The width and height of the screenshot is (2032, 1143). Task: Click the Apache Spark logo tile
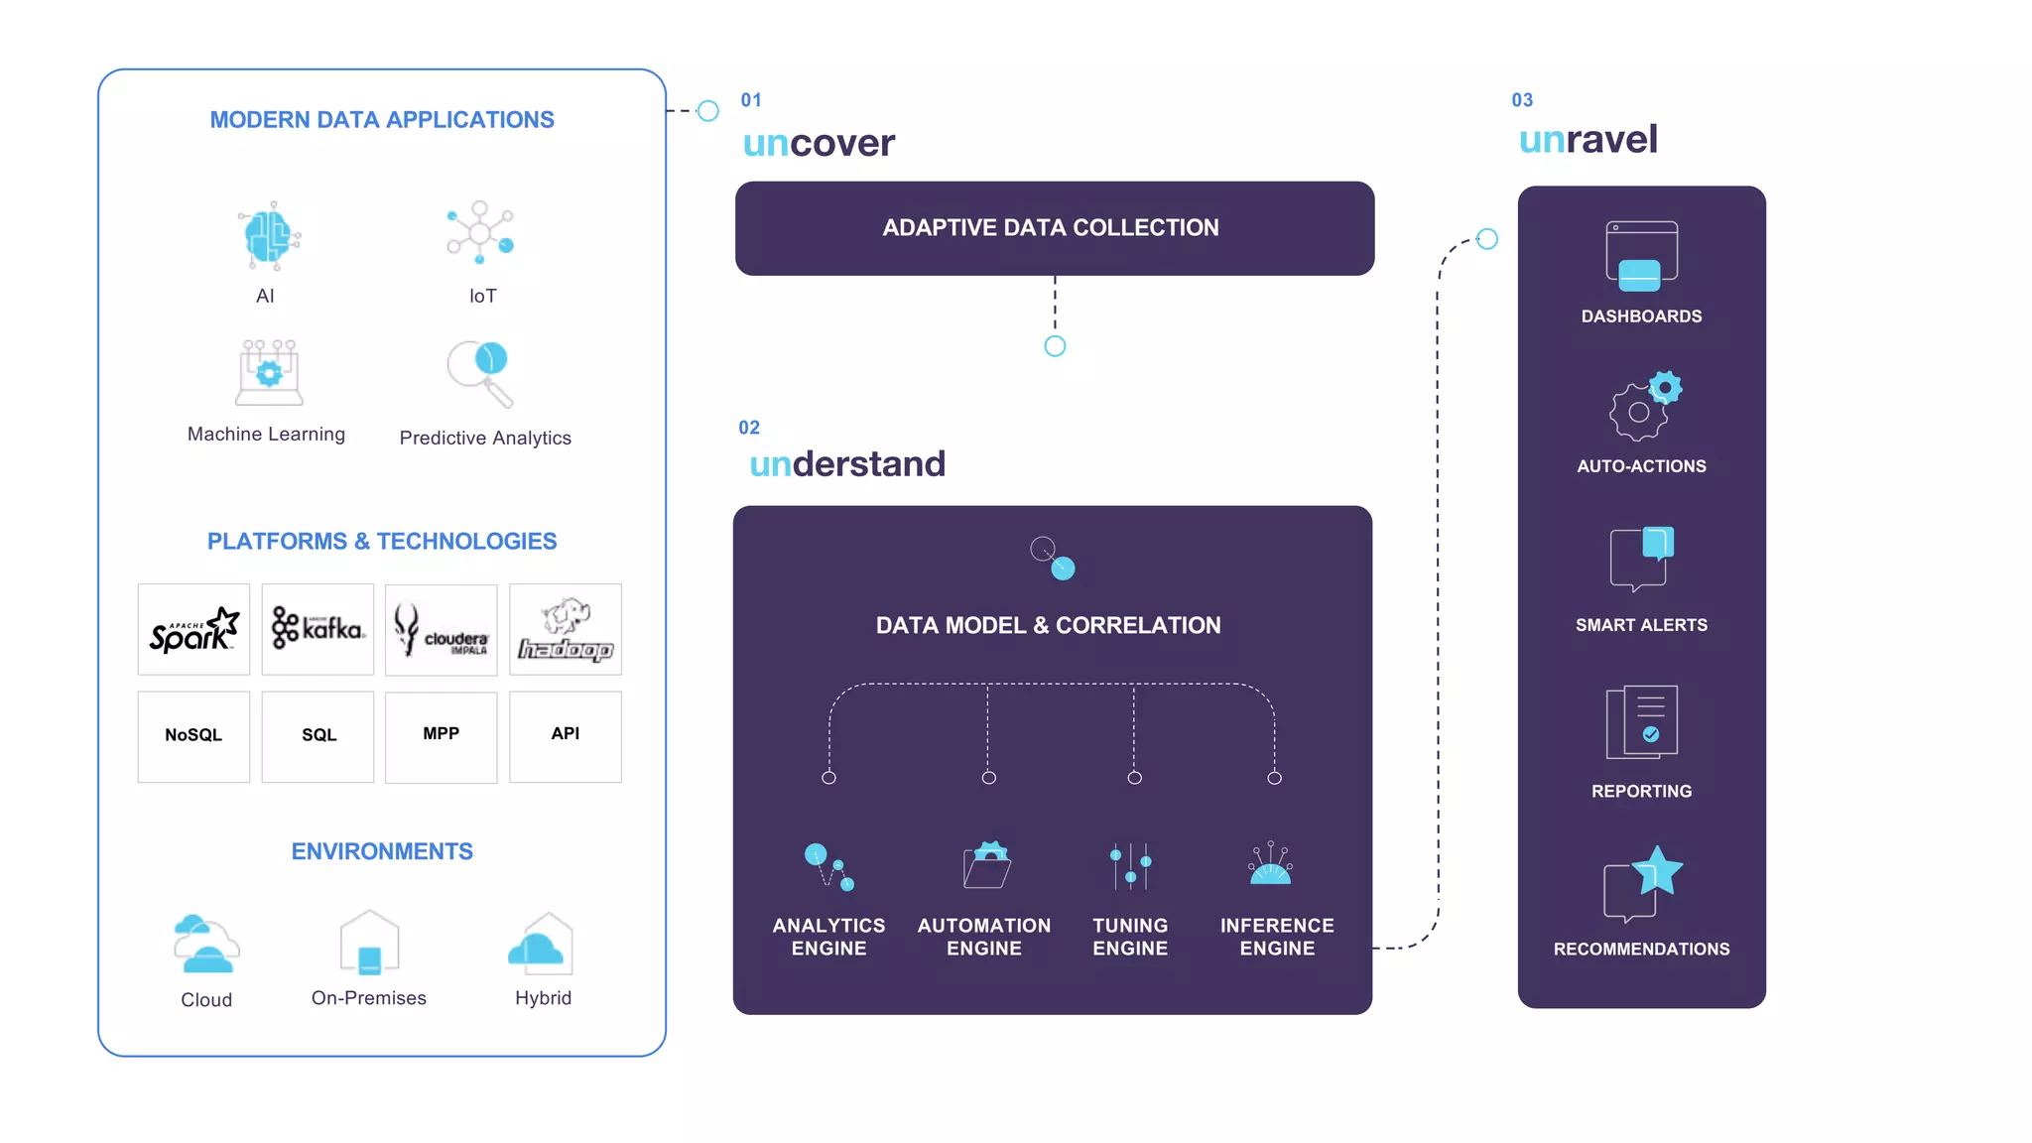click(193, 629)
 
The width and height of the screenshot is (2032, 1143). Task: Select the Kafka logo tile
click(317, 629)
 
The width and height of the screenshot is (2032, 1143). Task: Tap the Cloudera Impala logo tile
click(441, 630)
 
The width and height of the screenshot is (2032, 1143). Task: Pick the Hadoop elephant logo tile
click(566, 629)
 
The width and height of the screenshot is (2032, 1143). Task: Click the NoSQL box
click(193, 736)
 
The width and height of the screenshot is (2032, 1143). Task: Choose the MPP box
click(441, 736)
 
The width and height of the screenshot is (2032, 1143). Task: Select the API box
click(566, 736)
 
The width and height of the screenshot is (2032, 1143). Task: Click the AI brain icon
click(268, 236)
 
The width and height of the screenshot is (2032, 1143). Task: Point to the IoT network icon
click(480, 232)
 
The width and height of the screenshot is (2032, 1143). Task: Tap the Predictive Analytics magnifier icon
click(480, 373)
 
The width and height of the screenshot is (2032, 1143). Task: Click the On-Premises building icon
click(369, 943)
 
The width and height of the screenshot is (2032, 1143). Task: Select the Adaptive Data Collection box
click(1054, 228)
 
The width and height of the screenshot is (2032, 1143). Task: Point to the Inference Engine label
click(1277, 937)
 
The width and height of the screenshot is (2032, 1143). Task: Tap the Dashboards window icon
click(1641, 256)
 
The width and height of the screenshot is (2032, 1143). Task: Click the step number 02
click(749, 428)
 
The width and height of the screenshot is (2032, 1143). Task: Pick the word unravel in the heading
click(1587, 139)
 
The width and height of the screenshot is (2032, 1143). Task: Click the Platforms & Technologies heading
click(382, 541)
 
